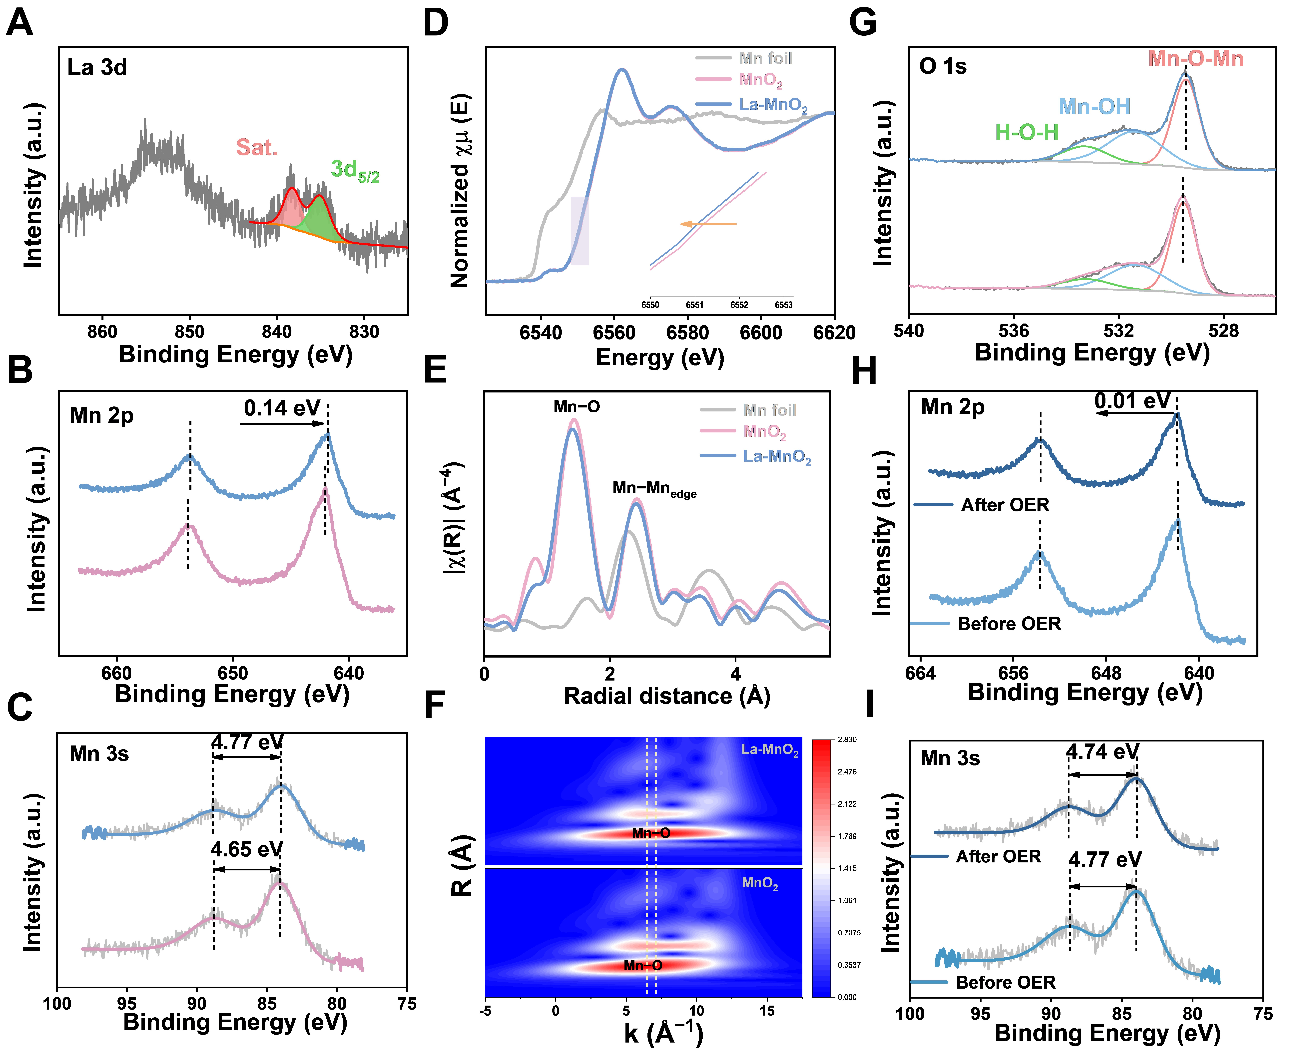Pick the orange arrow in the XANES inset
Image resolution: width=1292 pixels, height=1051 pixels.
point(708,224)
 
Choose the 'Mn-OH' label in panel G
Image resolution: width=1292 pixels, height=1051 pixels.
point(1094,107)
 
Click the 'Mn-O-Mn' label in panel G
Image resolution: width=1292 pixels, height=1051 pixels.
point(1196,59)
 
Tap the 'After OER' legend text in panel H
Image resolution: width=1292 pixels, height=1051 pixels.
point(1005,505)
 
